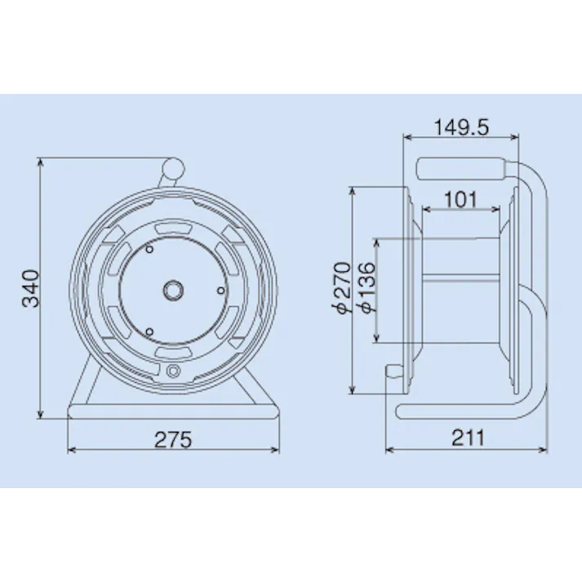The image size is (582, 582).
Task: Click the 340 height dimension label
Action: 30,287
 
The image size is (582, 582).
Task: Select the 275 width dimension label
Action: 173,439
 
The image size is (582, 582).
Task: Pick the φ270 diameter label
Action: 344,287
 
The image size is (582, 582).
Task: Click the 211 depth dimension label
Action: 467,438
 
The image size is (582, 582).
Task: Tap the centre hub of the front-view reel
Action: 173,289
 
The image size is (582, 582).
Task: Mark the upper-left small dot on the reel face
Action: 150,251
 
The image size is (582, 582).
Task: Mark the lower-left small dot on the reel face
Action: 150,329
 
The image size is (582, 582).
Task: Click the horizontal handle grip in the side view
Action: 463,168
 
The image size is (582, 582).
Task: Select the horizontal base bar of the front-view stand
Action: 173,410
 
